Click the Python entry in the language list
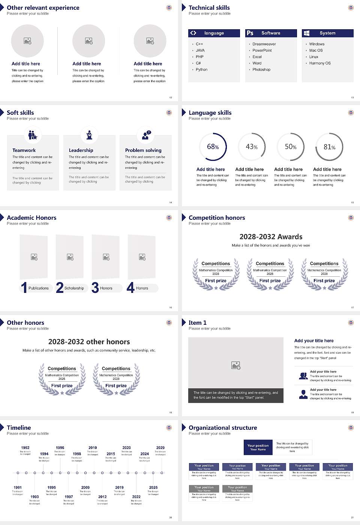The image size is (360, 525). coord(201,70)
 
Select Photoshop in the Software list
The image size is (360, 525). coord(261,70)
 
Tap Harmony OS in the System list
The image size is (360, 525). coord(320,63)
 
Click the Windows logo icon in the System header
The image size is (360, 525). coord(306,33)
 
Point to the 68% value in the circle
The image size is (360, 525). coord(213,147)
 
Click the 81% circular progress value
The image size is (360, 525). coord(329,147)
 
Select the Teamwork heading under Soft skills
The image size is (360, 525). coord(24,150)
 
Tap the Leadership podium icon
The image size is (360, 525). coord(89,135)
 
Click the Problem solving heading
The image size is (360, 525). coord(143,150)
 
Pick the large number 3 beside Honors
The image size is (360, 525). coord(95,288)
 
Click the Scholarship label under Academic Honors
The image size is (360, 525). coord(74,288)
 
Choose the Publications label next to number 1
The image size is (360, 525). coord(39,288)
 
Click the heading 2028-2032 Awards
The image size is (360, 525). coord(271,237)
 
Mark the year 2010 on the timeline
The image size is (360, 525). coord(93,448)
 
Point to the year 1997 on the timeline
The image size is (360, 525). coord(69,497)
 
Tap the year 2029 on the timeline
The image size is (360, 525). coord(160,448)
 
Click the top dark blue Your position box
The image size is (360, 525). coord(258,447)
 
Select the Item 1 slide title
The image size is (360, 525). coord(197,322)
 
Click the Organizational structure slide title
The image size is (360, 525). coord(223,427)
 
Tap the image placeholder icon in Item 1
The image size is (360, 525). coord(236,365)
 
